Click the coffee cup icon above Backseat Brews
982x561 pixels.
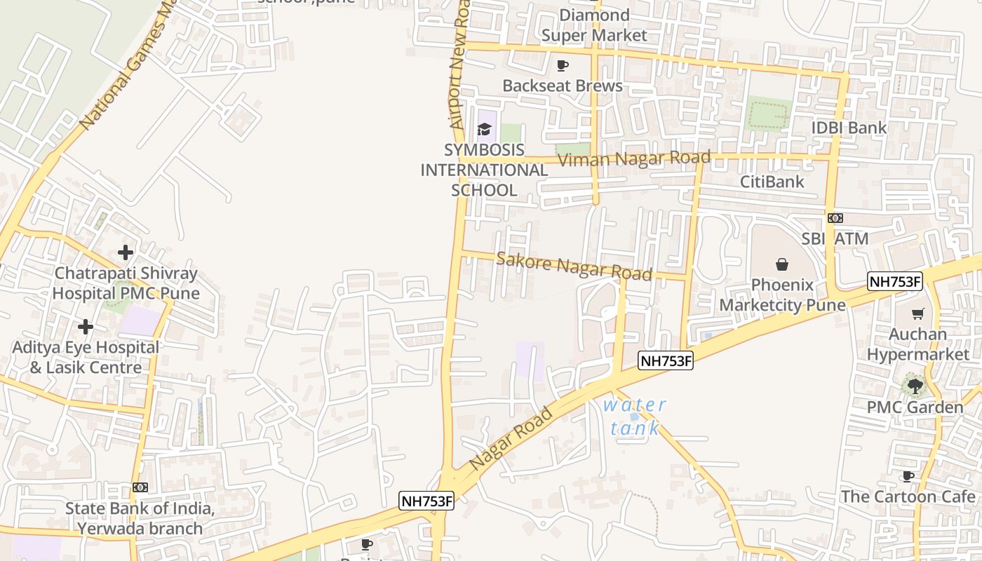pyautogui.click(x=562, y=65)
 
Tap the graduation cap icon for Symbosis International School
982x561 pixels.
pyautogui.click(x=484, y=129)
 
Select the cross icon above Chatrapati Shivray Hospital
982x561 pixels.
pyautogui.click(x=126, y=252)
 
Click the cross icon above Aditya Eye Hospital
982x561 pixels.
pyautogui.click(x=86, y=327)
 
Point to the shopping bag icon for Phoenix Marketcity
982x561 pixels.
pyautogui.click(x=781, y=264)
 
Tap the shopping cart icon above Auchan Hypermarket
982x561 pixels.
pyautogui.click(x=917, y=313)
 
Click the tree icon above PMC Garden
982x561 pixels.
pyautogui.click(x=915, y=386)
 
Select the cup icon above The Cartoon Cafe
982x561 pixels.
pyautogui.click(x=908, y=477)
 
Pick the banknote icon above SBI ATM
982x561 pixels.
pyautogui.click(x=835, y=218)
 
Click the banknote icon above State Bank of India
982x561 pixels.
pyautogui.click(x=140, y=487)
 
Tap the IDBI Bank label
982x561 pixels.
pyautogui.click(x=849, y=128)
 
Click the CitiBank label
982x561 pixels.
pyautogui.click(x=772, y=182)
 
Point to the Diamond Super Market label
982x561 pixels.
pyautogui.click(x=595, y=25)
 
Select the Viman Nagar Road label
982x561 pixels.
pyautogui.click(x=635, y=158)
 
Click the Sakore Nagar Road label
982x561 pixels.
pyautogui.click(x=574, y=266)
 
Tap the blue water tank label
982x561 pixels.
pyautogui.click(x=635, y=417)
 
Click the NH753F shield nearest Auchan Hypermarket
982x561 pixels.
pyautogui.click(x=894, y=282)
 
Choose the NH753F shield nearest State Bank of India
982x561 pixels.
pyautogui.click(x=426, y=501)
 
